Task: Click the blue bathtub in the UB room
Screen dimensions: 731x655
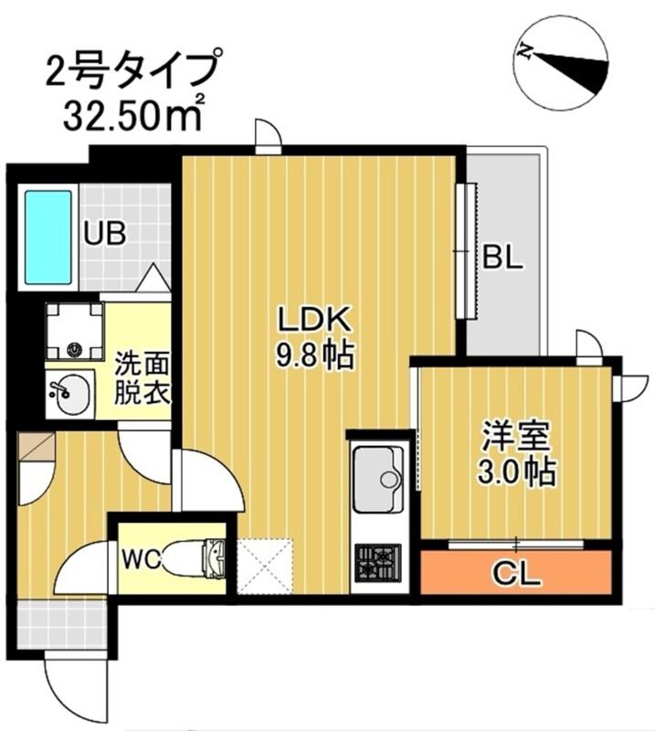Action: pyautogui.click(x=48, y=237)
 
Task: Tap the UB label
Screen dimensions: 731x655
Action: pyautogui.click(x=105, y=233)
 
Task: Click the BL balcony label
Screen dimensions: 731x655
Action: pyautogui.click(x=502, y=259)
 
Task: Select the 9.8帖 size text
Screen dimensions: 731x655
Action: pyautogui.click(x=314, y=354)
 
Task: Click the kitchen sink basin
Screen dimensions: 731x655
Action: pyautogui.click(x=377, y=479)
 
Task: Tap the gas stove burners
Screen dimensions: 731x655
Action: pyautogui.click(x=377, y=558)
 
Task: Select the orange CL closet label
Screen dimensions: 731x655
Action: pyautogui.click(x=516, y=576)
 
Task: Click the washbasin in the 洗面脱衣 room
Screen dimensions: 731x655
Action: pyautogui.click(x=69, y=394)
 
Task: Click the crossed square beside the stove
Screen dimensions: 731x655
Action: pyautogui.click(x=264, y=566)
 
